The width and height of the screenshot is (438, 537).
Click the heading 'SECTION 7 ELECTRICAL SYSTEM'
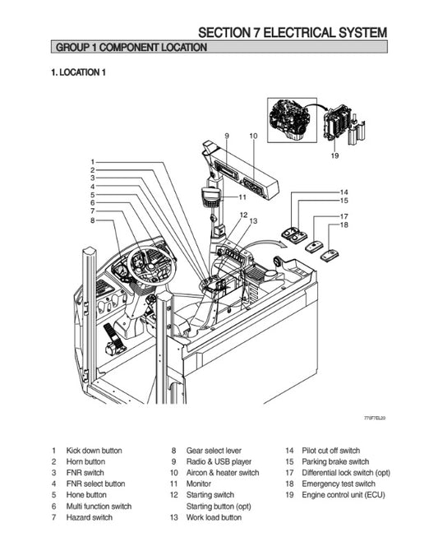tap(292, 33)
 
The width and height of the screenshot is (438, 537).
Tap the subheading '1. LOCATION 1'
tap(79, 73)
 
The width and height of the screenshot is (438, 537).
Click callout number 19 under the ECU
tap(334, 155)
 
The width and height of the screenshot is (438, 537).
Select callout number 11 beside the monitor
tap(242, 197)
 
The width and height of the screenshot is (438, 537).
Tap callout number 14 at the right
tap(344, 192)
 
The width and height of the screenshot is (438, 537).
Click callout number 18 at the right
tap(344, 225)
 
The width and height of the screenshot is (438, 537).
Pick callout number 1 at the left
tap(93, 161)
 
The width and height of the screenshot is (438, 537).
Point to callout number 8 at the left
tap(93, 220)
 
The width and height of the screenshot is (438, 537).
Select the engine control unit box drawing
tap(338, 124)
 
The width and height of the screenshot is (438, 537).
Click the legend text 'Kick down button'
tap(95, 451)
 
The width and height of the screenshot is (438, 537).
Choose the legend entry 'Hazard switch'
tap(90, 517)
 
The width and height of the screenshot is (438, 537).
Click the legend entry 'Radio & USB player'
tap(219, 462)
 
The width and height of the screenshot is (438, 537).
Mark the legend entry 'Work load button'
tap(214, 517)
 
